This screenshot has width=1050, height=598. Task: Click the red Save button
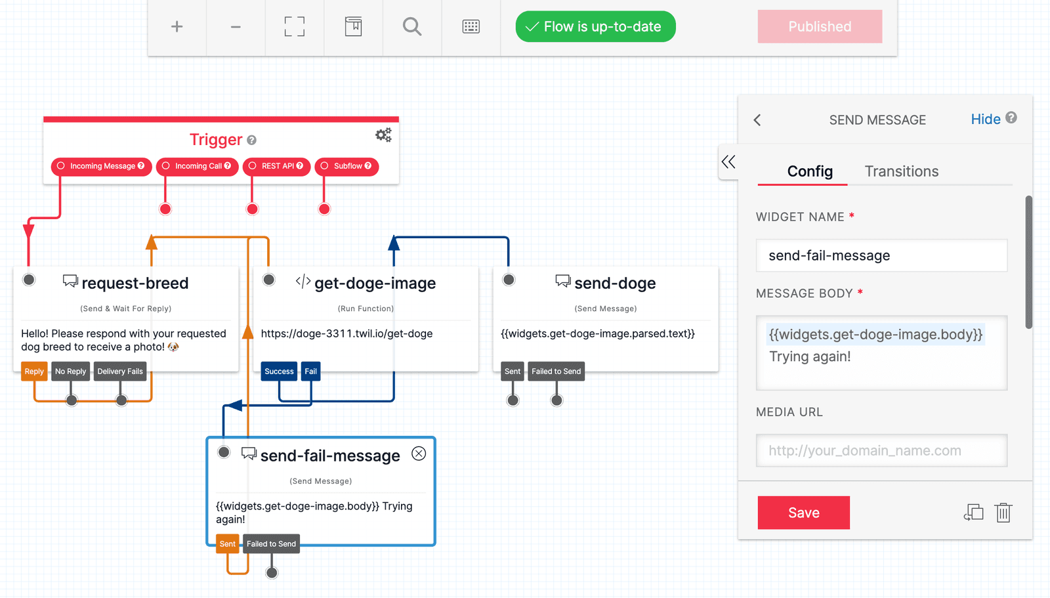(x=803, y=513)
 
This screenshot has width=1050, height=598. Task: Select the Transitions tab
(x=901, y=171)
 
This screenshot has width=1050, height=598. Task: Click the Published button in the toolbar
(x=819, y=27)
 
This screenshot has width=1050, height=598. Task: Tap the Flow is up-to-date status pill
(x=595, y=27)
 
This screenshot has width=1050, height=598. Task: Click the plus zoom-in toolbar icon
(x=177, y=27)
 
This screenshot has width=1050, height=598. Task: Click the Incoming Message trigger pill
(x=102, y=166)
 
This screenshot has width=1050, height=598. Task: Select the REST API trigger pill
(x=276, y=166)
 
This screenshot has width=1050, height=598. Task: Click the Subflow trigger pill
(x=346, y=166)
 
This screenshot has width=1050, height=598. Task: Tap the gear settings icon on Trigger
(x=383, y=135)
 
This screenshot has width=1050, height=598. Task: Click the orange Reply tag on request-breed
(x=34, y=372)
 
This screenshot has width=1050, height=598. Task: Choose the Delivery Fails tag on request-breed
(x=120, y=372)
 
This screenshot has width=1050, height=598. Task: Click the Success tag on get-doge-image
(x=279, y=372)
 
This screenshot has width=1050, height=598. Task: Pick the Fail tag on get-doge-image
(x=310, y=372)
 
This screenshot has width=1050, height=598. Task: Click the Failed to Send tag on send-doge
(x=556, y=372)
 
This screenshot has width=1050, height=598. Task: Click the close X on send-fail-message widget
(x=419, y=454)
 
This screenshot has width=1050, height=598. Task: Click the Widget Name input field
(x=881, y=255)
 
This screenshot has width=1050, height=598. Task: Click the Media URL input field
(x=881, y=450)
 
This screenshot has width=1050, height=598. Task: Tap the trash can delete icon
(x=1003, y=513)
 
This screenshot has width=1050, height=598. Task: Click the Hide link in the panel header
(x=985, y=119)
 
